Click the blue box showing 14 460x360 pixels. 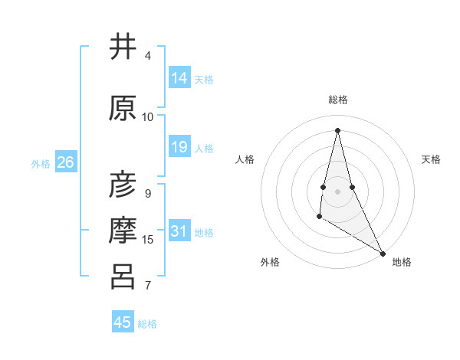point(179,78)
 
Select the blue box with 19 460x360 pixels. point(179,147)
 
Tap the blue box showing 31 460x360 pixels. point(179,231)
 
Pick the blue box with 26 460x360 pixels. point(65,162)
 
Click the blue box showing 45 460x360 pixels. point(123,322)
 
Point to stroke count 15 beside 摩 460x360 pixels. point(148,240)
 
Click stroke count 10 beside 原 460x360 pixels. point(148,116)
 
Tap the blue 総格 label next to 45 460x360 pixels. point(147,324)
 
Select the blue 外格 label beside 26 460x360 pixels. point(41,163)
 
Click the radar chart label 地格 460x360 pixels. point(402,262)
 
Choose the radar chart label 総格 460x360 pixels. point(338,100)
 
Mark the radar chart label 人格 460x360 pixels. point(245,159)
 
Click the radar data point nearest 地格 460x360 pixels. point(383,253)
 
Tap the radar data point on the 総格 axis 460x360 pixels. point(337,130)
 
